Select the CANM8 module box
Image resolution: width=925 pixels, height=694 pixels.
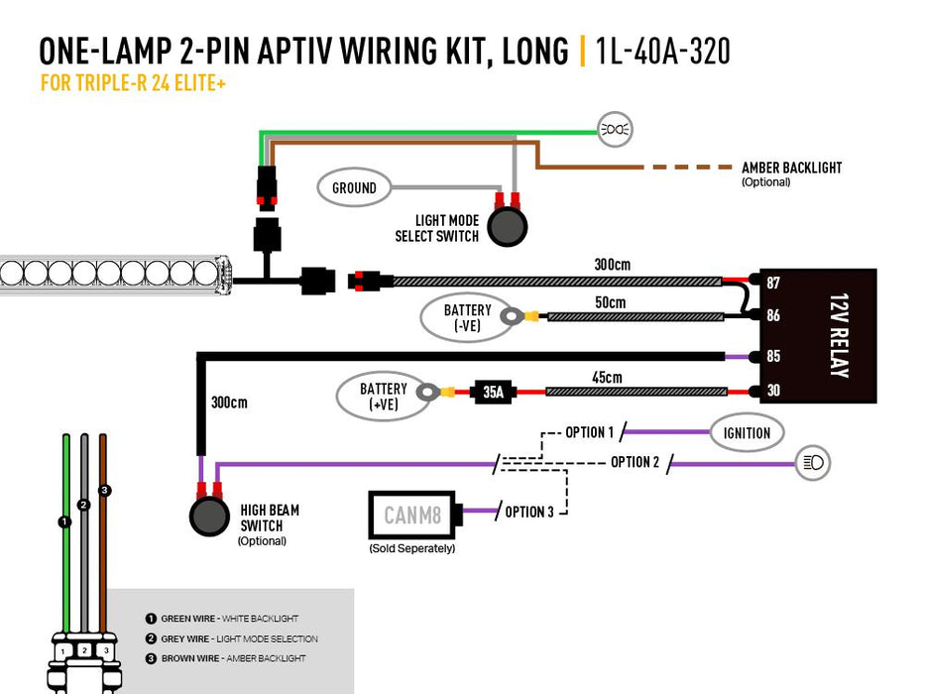pos(411,515)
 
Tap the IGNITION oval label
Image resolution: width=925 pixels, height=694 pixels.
pos(747,432)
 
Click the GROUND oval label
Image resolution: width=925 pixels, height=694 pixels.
pos(354,187)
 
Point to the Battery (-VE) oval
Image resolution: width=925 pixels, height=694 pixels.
pos(454,317)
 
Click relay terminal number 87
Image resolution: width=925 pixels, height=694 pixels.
pos(773,283)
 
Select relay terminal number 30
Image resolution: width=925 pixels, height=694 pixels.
pos(773,391)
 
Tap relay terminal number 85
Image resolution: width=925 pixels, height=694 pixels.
pos(773,355)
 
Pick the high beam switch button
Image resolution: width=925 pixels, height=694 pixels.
pos(208,517)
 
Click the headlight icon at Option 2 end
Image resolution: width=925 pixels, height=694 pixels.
pos(813,462)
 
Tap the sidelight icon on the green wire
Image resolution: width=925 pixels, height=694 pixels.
pos(615,129)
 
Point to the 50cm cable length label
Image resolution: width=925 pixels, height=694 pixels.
pos(611,301)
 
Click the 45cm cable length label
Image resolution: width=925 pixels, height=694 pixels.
pos(606,377)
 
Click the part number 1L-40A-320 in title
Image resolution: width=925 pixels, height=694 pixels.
pos(663,51)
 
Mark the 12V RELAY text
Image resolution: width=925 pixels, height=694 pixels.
pos(838,335)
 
